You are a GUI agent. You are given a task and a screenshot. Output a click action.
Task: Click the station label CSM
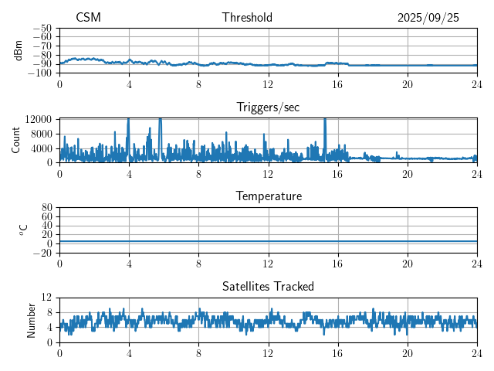(x=88, y=18)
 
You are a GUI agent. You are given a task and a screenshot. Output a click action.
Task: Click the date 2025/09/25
(x=428, y=18)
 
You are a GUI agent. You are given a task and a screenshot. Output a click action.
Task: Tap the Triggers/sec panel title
(x=268, y=107)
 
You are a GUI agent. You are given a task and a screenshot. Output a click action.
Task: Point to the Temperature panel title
(x=268, y=197)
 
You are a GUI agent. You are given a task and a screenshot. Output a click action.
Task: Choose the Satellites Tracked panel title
(x=268, y=287)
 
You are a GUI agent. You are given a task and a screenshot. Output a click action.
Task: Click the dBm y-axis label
(x=19, y=49)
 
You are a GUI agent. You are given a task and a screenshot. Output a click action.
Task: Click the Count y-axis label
(x=16, y=140)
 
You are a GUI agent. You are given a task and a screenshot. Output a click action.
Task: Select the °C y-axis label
(x=23, y=230)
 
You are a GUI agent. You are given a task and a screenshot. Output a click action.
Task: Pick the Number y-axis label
(x=31, y=319)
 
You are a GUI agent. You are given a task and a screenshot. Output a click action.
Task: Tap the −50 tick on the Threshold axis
(x=42, y=27)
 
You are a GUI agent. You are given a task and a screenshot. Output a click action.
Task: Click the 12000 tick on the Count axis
(x=38, y=119)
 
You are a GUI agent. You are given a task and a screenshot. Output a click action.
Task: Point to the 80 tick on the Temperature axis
(x=46, y=208)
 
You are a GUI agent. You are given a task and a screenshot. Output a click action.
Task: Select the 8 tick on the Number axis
(x=49, y=312)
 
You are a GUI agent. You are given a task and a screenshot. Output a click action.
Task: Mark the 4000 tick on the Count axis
(x=41, y=148)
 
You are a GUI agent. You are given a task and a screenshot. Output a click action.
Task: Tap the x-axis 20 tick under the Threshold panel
(x=408, y=84)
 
